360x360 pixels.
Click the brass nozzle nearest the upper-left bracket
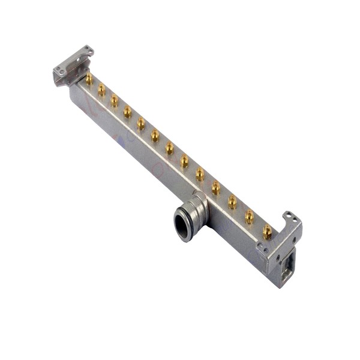(x=89, y=79)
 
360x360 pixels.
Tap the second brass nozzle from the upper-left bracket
(x=101, y=89)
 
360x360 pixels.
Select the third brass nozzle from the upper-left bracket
(x=114, y=100)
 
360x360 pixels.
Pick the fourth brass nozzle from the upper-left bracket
(x=127, y=111)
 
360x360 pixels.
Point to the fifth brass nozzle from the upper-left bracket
(x=140, y=123)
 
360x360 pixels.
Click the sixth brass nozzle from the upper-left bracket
(x=155, y=135)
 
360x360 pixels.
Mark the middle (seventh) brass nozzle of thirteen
(x=170, y=148)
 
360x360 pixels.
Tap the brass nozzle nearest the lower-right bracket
(x=267, y=231)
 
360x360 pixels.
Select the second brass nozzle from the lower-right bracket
(x=250, y=216)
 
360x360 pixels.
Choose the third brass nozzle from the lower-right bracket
(x=232, y=202)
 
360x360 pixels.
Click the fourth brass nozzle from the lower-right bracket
(x=215, y=188)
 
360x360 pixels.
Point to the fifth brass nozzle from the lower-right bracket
(x=200, y=174)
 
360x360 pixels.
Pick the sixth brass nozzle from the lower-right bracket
(x=184, y=161)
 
